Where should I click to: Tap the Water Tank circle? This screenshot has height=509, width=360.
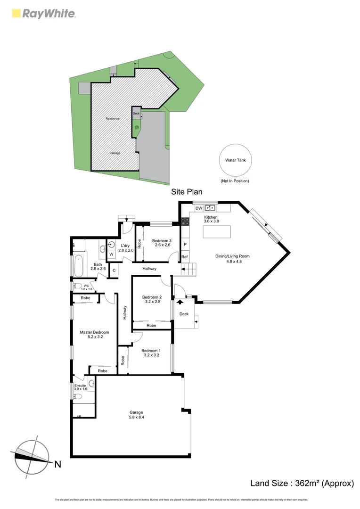[x=235, y=160]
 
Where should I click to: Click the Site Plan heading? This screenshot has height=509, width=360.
[x=187, y=192]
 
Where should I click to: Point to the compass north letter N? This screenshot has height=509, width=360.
[x=57, y=464]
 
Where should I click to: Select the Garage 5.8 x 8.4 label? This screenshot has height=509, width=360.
[x=136, y=415]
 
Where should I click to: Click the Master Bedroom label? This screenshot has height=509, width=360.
[x=94, y=335]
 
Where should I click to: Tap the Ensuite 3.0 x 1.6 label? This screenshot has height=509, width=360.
[x=81, y=386]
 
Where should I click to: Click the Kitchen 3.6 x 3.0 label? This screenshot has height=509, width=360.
[x=211, y=219]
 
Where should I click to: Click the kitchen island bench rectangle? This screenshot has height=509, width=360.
[x=217, y=232]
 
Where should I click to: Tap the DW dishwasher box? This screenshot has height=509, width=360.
[x=198, y=208]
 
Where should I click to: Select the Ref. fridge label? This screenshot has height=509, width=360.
[x=185, y=257]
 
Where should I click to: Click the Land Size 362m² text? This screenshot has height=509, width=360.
[x=302, y=483]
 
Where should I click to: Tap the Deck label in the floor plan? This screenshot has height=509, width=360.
[x=184, y=314]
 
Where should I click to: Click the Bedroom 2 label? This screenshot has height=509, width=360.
[x=152, y=300]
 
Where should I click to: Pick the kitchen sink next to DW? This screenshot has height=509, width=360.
[x=210, y=207]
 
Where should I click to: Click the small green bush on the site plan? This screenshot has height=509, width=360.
[x=137, y=127]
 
